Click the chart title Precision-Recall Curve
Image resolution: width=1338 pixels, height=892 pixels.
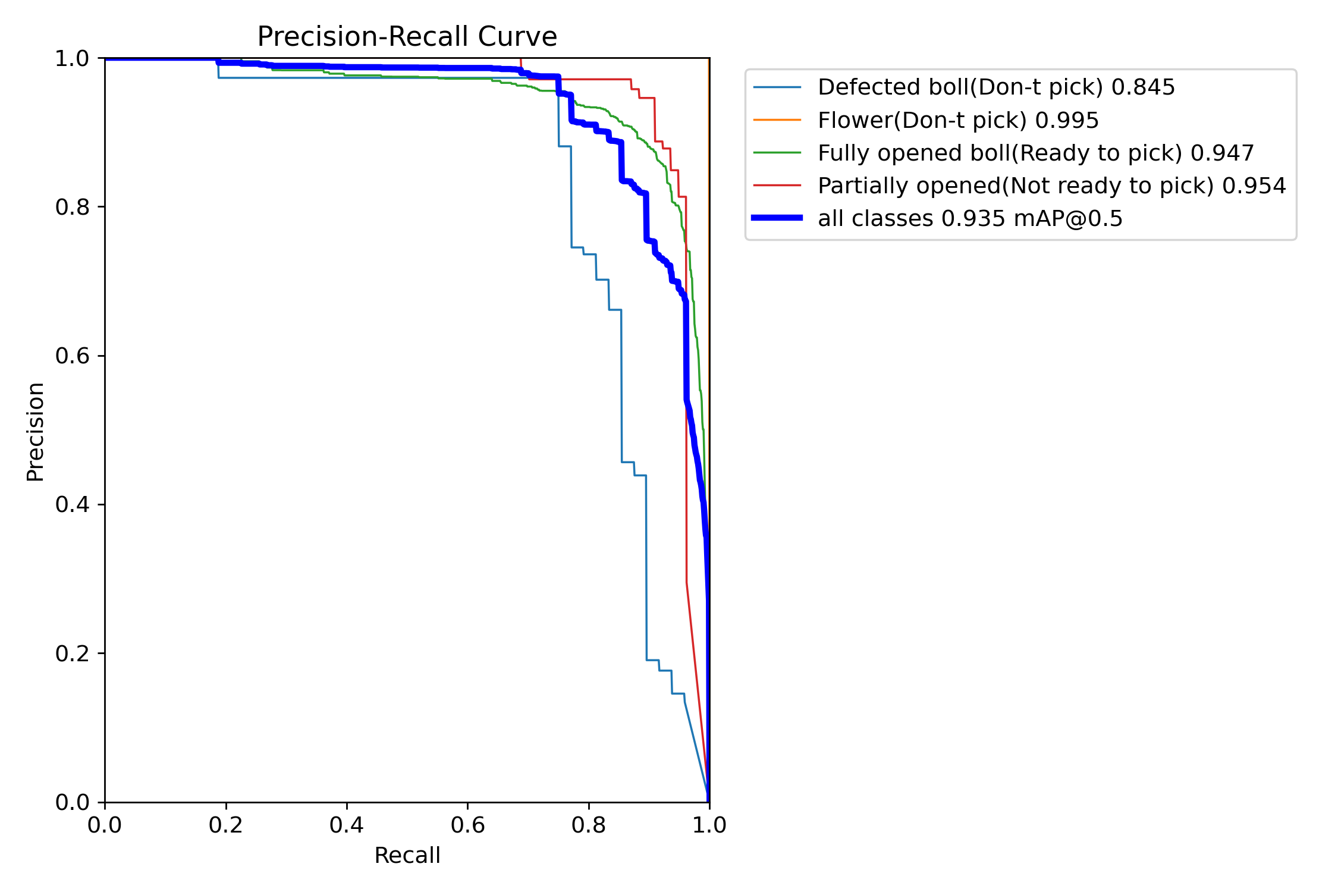coord(407,37)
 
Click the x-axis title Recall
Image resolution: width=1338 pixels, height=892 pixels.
coord(407,855)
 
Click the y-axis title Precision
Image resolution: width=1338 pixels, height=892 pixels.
coord(36,431)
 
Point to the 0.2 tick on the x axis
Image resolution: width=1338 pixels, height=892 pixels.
coord(226,825)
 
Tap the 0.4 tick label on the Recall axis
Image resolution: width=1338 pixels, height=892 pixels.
coord(347,825)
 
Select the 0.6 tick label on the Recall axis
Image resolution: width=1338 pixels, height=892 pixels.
coord(467,825)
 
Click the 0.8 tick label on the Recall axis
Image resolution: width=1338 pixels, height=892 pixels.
coord(589,825)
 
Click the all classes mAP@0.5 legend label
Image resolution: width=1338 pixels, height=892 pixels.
coord(970,218)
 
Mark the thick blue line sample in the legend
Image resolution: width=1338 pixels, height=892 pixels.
coord(777,218)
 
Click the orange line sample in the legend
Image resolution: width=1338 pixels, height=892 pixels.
coord(777,120)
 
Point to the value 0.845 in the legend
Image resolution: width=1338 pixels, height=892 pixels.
coord(1143,87)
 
